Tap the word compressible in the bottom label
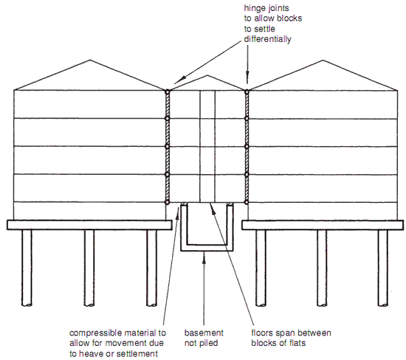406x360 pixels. pos(97,333)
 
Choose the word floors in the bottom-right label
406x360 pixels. pos(265,333)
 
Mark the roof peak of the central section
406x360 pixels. pos(208,77)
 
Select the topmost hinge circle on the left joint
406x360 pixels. pos(168,91)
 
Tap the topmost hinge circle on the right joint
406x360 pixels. pos(247,91)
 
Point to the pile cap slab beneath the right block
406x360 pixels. pos(325,224)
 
